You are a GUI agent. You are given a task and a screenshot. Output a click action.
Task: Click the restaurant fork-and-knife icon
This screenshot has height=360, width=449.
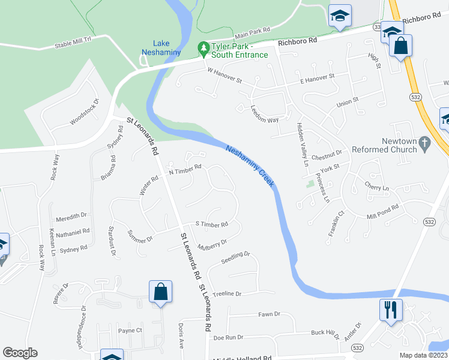pyautogui.click(x=391, y=310)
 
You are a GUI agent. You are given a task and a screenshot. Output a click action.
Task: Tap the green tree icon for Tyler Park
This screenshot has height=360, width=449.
pyautogui.click(x=203, y=47)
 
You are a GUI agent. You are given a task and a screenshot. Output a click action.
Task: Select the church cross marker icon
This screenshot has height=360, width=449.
pyautogui.click(x=425, y=143)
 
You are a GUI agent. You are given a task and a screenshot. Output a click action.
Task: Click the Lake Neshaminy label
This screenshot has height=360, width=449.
pyautogui.click(x=161, y=47)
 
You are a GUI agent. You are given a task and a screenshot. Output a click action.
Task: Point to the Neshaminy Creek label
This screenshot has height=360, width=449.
pyautogui.click(x=250, y=166)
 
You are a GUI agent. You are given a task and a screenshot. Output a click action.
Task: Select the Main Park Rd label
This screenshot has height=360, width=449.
pyautogui.click(x=253, y=32)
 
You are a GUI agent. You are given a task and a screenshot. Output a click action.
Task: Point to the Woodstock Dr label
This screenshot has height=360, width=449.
pyautogui.click(x=83, y=112)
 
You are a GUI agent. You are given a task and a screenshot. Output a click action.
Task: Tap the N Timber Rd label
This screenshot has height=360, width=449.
pyautogui.click(x=185, y=170)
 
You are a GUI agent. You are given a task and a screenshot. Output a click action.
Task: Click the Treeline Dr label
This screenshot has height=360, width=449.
pyautogui.click(x=226, y=294)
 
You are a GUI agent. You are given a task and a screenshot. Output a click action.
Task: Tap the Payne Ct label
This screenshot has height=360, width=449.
pyautogui.click(x=130, y=331)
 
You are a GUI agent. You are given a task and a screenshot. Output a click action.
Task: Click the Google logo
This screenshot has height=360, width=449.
pyautogui.click(x=20, y=353)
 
